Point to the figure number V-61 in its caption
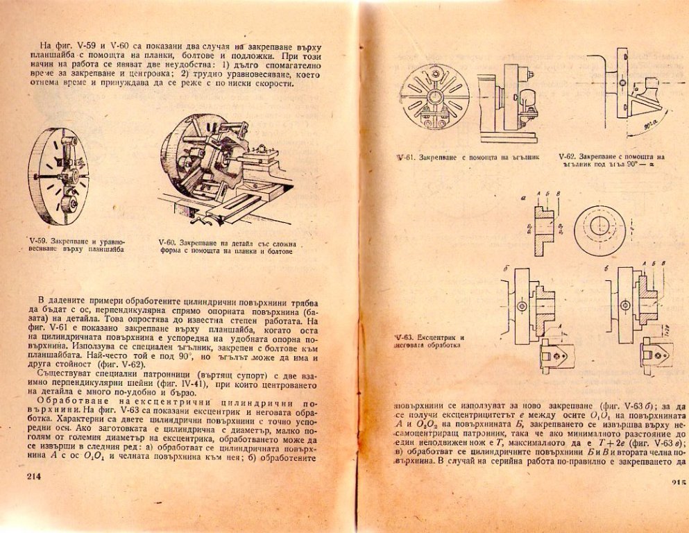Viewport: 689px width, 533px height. click(x=406, y=158)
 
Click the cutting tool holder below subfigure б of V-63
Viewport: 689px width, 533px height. click(x=556, y=355)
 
